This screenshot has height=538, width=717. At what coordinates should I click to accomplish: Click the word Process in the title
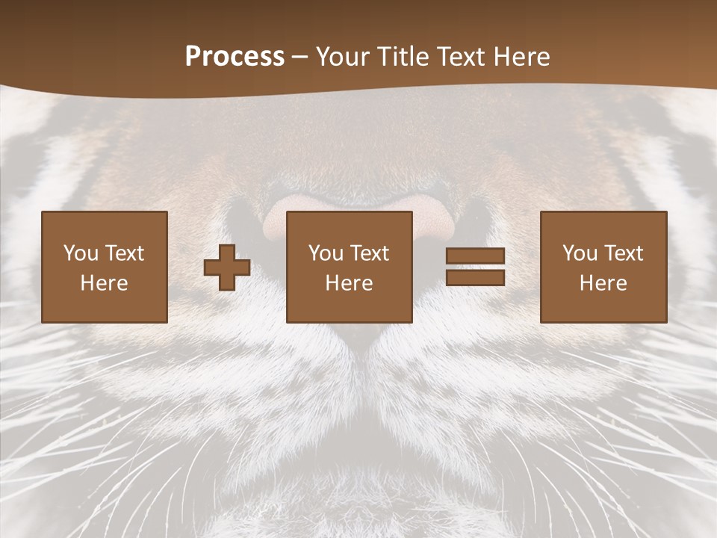235,57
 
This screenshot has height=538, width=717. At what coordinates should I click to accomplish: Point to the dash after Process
300,58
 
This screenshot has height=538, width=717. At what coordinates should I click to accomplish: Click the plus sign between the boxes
227,267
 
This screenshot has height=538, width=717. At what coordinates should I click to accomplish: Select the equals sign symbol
475,267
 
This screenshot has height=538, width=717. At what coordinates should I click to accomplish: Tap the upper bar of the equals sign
475,256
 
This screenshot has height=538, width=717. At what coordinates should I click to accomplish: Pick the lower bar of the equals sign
475,277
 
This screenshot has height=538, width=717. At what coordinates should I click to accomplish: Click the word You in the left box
80,253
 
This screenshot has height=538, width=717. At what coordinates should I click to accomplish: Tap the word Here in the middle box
349,283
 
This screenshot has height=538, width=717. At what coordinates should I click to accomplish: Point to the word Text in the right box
623,253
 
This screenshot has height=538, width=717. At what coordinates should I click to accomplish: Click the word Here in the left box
104,283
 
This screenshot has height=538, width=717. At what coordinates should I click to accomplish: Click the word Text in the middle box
369,253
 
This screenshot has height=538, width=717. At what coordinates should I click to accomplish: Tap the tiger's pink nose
358,217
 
